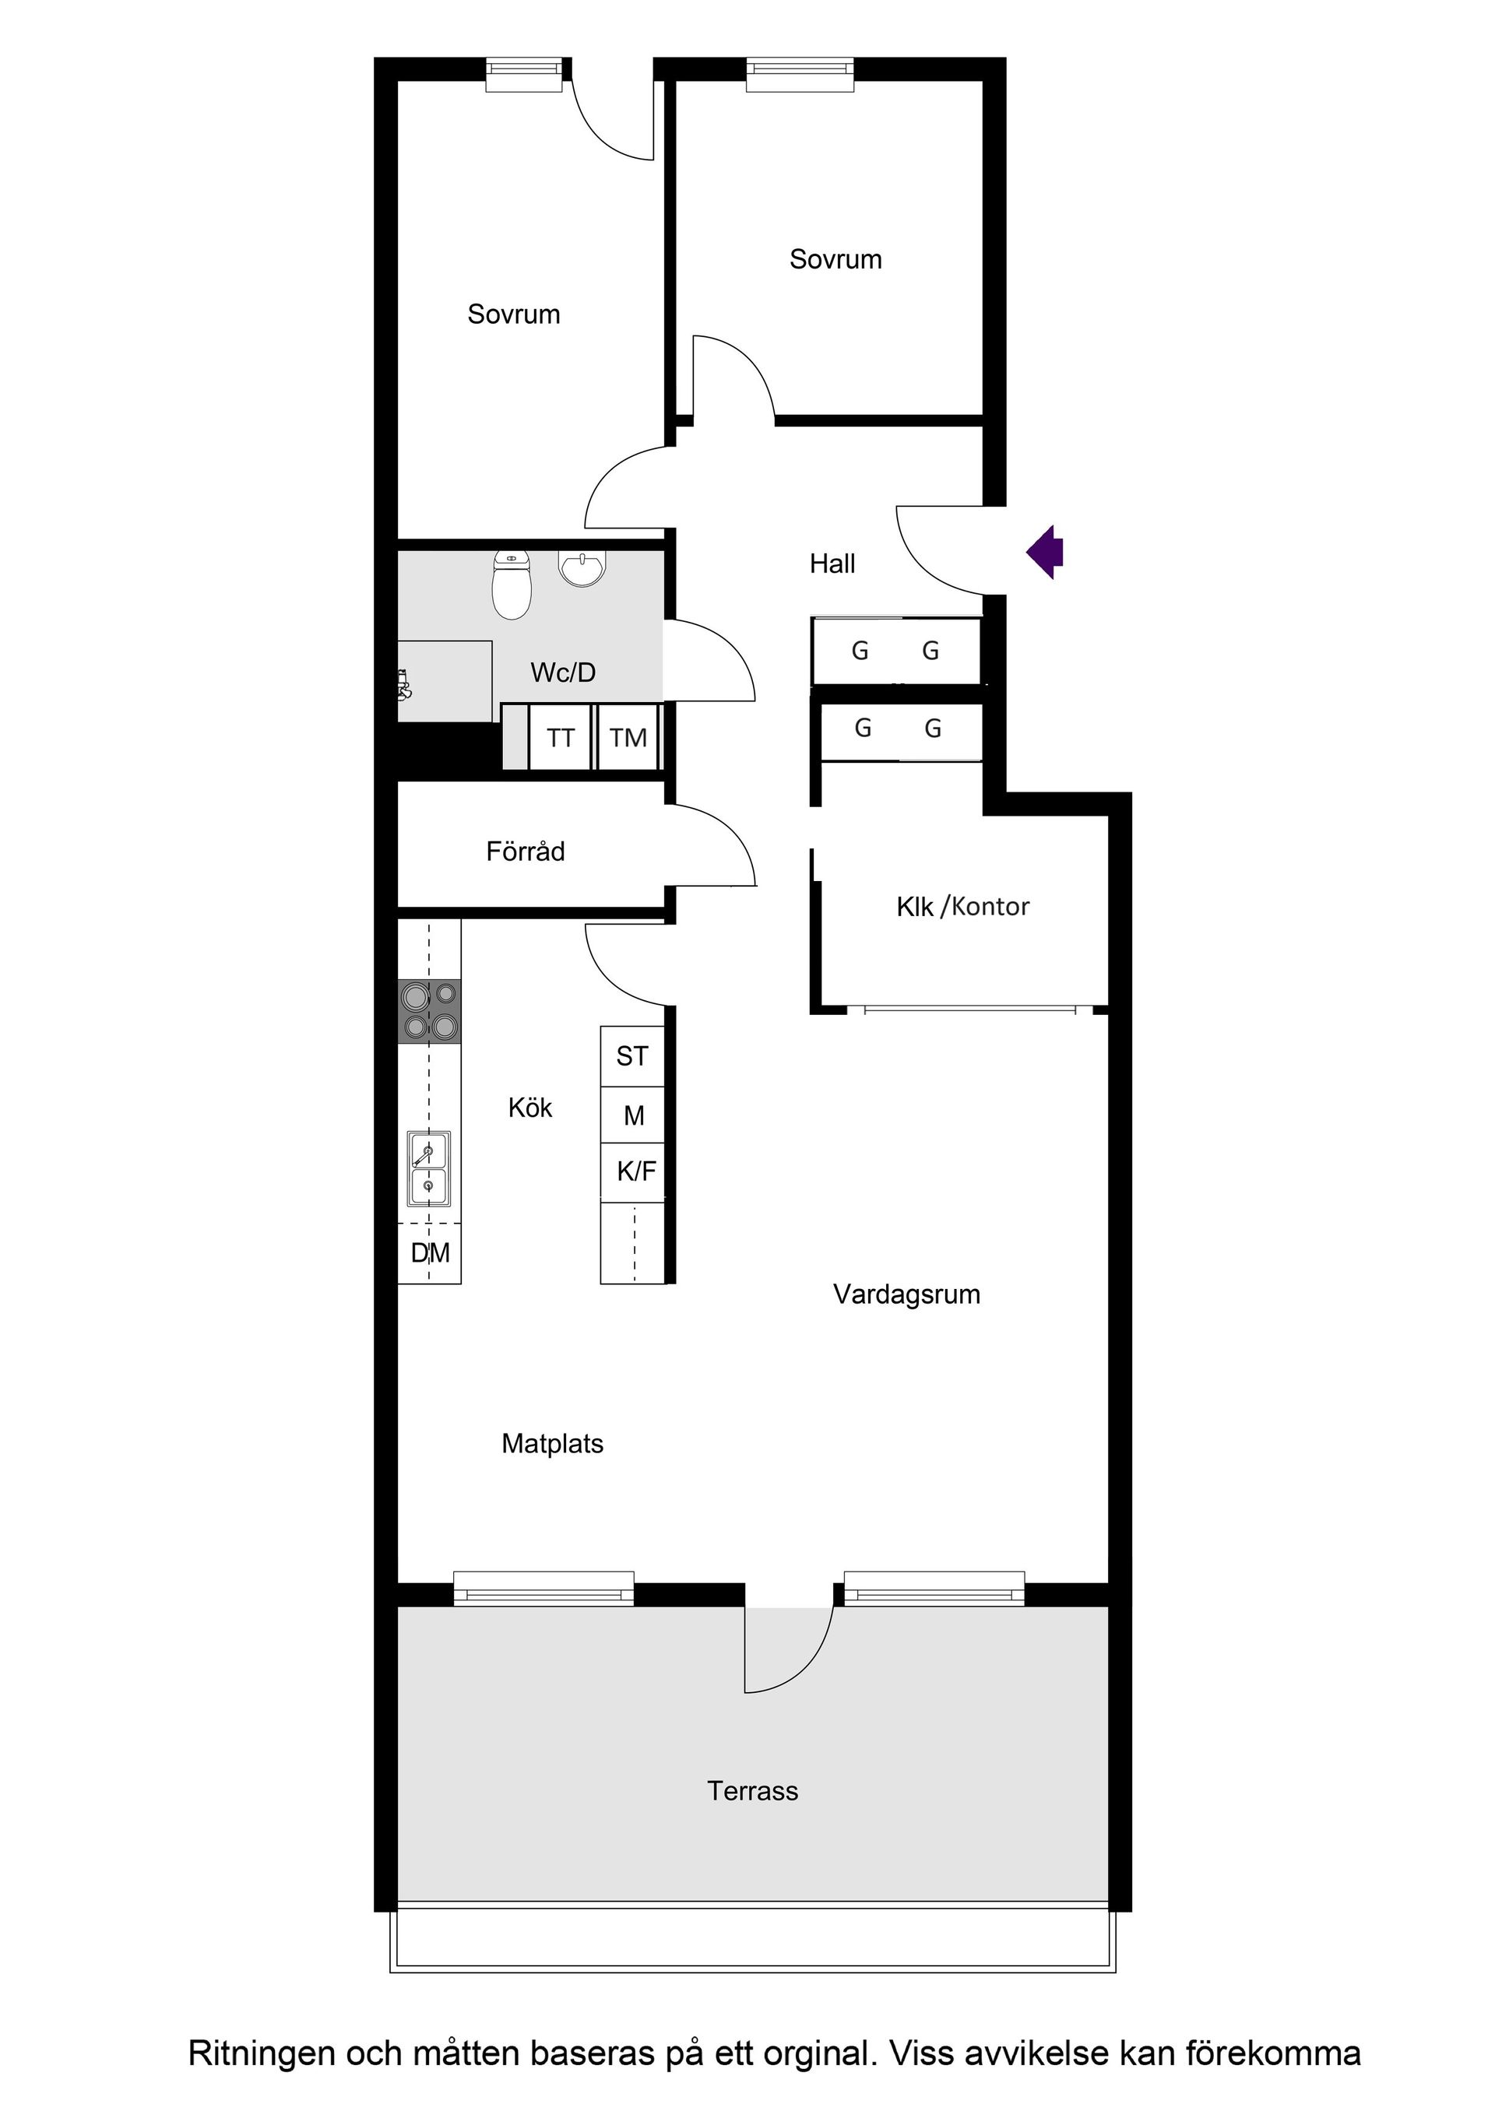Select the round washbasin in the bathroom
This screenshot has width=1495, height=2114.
click(582, 567)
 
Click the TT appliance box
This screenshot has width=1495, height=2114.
click(560, 738)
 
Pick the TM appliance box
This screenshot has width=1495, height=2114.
click(628, 738)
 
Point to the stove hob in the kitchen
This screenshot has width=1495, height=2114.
click(429, 1011)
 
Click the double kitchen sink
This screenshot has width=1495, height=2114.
click(429, 1168)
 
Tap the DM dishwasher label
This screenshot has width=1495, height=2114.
click(430, 1252)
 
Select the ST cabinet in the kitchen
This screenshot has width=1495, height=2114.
click(632, 1056)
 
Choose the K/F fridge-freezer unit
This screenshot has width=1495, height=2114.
click(635, 1171)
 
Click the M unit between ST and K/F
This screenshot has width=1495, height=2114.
click(634, 1115)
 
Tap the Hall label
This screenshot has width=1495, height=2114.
click(832, 564)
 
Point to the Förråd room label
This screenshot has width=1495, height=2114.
click(525, 852)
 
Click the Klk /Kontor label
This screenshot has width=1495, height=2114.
click(962, 907)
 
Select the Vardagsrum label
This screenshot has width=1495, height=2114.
click(906, 1294)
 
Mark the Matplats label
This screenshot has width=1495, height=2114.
click(552, 1444)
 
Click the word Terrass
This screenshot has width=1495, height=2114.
click(753, 1791)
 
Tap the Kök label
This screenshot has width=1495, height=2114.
click(529, 1108)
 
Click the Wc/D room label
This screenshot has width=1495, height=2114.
click(563, 672)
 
